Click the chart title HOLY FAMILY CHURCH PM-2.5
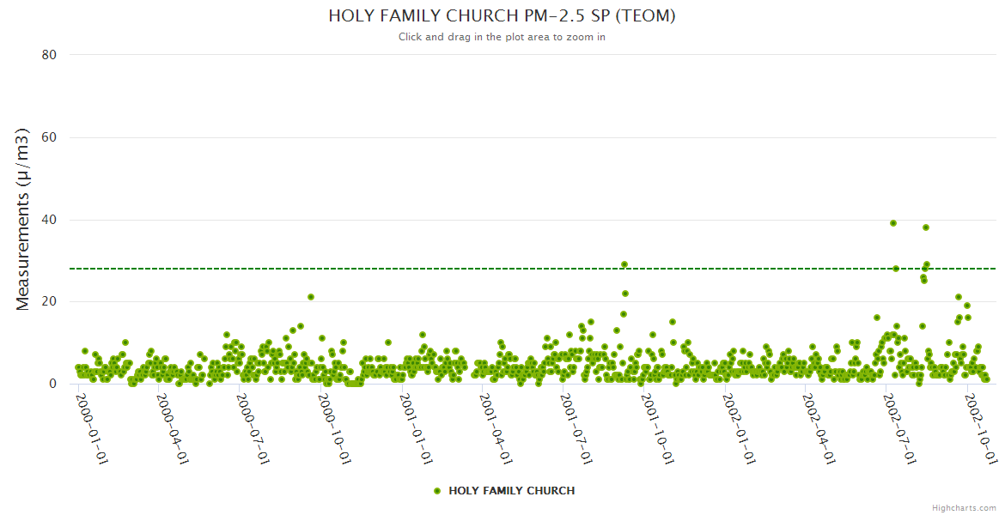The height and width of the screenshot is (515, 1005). [x=502, y=16]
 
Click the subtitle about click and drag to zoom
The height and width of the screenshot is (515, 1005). [x=502, y=37]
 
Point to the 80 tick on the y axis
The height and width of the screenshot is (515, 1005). [x=49, y=55]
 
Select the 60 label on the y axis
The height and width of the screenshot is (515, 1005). [x=49, y=137]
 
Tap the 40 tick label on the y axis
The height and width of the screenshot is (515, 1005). [x=49, y=220]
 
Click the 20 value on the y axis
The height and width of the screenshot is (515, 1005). [x=49, y=302]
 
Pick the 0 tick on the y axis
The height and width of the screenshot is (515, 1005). [x=52, y=385]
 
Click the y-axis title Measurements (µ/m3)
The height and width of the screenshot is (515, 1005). [x=23, y=219]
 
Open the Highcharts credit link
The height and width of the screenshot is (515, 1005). [x=964, y=508]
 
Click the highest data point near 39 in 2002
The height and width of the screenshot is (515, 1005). [x=893, y=223]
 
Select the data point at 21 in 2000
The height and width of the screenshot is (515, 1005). [x=311, y=297]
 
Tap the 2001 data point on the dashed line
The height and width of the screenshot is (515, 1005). [x=624, y=264]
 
